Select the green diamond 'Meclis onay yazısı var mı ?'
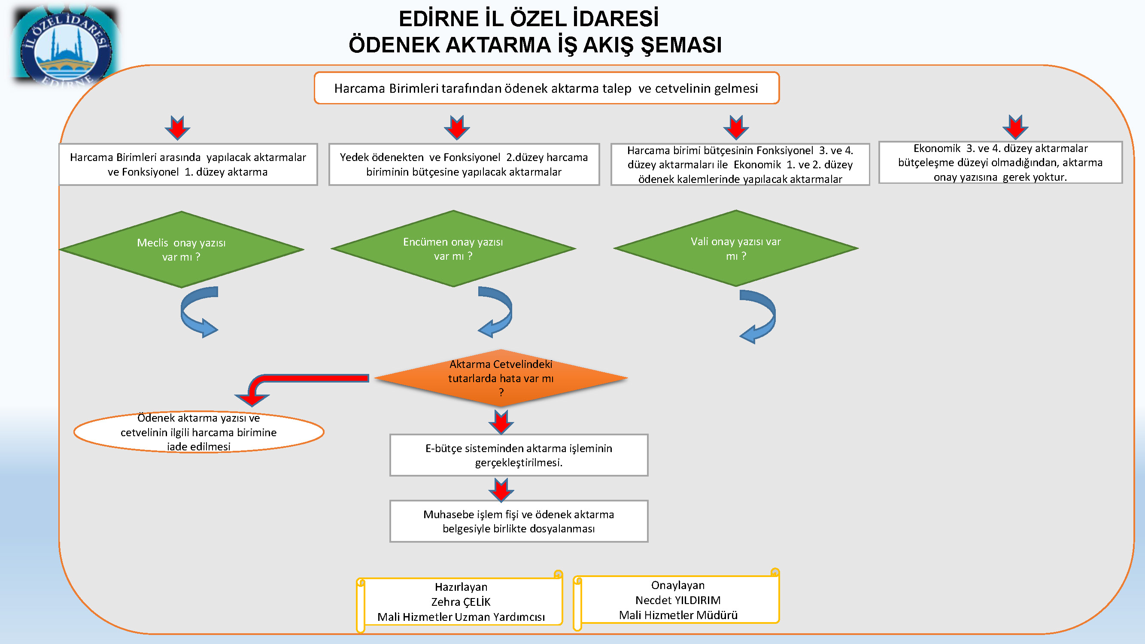pos(181,249)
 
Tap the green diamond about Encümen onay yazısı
pos(453,249)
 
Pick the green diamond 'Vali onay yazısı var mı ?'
pos(735,248)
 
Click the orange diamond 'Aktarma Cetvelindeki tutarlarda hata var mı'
pos(501,378)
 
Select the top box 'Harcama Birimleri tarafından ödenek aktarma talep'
pos(547,88)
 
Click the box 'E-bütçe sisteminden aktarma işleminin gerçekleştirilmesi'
pos(519,455)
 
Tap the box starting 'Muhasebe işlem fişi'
pos(519,521)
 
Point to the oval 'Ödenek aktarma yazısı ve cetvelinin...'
pos(199,431)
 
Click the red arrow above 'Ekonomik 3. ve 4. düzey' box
pos(1015,127)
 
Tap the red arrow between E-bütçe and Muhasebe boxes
pos(501,490)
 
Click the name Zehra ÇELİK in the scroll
pos(461,602)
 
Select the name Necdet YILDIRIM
pos(678,600)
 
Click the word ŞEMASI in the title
pos(681,45)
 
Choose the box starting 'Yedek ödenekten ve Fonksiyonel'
pos(464,164)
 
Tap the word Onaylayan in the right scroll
pos(678,585)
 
